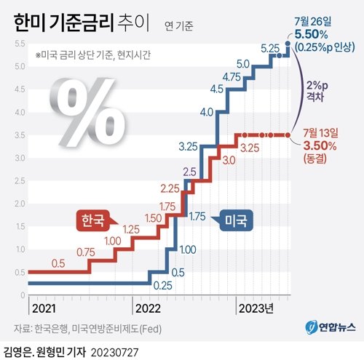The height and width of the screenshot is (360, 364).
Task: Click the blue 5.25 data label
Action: [x=270, y=49]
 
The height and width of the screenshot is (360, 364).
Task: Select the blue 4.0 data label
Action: [x=205, y=112]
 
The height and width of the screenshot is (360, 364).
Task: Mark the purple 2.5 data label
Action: [x=189, y=172]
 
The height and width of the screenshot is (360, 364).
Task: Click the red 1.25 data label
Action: [x=130, y=230]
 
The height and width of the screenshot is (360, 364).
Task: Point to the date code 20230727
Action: [x=115, y=351]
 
